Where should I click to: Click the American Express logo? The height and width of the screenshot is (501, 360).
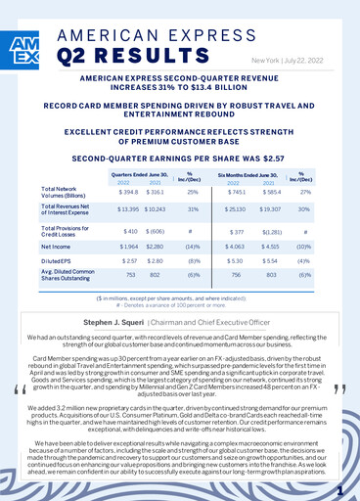click(21, 53)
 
